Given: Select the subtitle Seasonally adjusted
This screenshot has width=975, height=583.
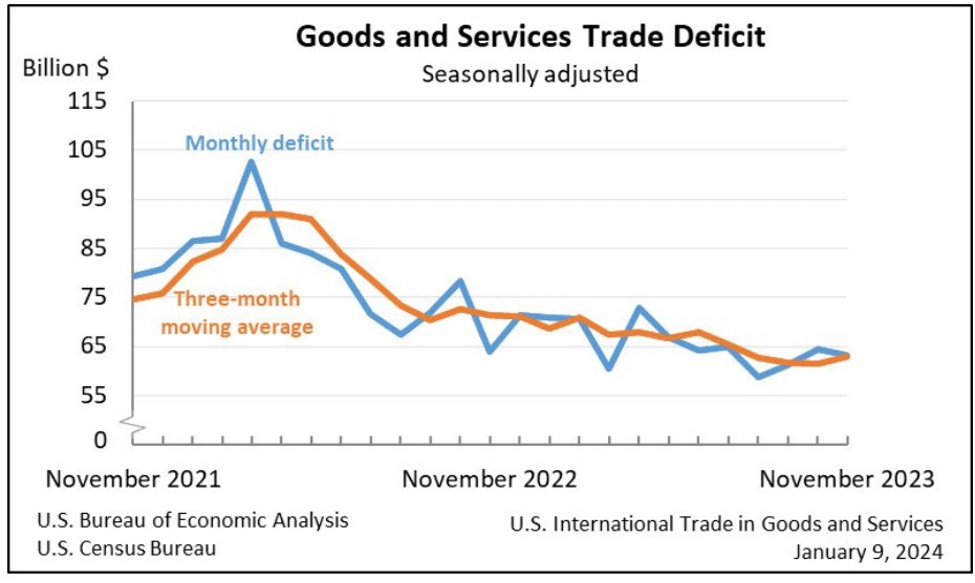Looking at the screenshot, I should point(530,74).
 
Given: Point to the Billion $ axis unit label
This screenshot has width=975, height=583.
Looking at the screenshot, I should point(67,69).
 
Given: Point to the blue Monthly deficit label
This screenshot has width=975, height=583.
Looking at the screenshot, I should point(259,143).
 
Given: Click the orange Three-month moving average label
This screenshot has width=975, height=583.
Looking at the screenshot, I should point(238,312).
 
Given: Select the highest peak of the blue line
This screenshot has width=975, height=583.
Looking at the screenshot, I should point(251,162).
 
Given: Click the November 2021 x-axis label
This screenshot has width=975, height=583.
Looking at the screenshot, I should point(135,479).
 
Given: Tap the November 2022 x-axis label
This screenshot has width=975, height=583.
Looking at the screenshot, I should point(490,479).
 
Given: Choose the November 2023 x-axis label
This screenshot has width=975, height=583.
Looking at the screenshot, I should point(847,479).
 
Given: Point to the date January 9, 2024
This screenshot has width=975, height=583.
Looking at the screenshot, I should point(868,551).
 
